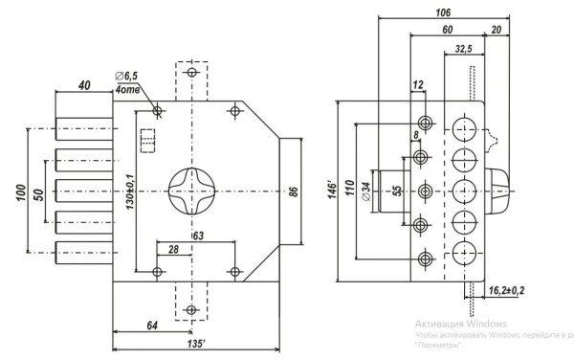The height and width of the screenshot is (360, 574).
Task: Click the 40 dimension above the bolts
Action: [84, 85]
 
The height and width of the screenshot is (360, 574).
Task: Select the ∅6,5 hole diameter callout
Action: [126, 77]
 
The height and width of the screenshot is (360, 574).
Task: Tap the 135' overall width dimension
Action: [196, 344]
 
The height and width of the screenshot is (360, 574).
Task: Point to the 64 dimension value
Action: [152, 326]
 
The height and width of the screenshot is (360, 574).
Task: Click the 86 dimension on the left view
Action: [294, 191]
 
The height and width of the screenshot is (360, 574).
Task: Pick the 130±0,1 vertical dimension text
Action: [130, 191]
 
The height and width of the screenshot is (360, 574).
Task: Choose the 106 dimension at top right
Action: [443, 12]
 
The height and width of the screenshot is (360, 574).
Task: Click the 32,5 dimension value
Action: [463, 49]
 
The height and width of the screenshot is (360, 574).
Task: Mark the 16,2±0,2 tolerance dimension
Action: [507, 290]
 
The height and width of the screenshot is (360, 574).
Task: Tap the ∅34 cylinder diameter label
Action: [366, 191]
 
